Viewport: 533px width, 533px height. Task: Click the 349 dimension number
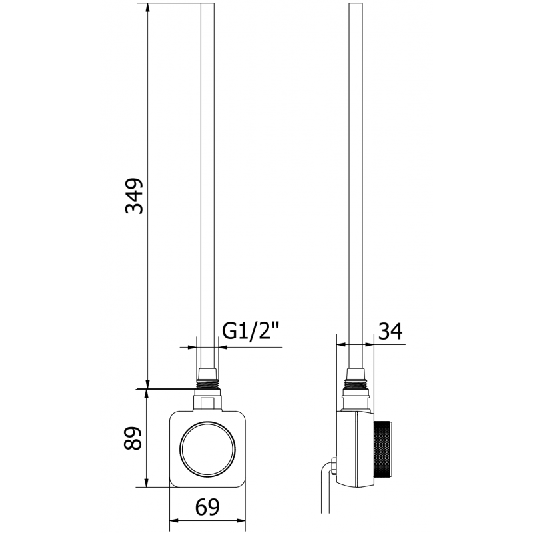[135, 195]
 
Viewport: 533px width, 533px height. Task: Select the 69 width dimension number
[207, 508]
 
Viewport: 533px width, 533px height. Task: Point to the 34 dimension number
[390, 331]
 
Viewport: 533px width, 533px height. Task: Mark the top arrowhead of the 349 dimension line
[147, 8]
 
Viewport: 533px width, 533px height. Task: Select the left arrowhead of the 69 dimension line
[173, 520]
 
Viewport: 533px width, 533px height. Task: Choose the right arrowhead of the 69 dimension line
[241, 520]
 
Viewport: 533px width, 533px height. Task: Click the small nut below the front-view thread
[207, 402]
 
